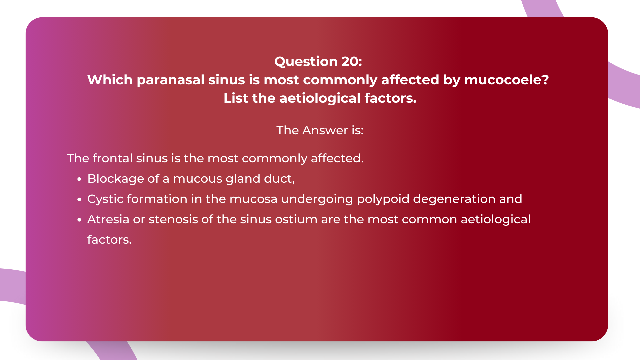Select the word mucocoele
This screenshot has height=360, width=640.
pyautogui.click(x=506, y=80)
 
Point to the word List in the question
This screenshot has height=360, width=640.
pyautogui.click(x=235, y=98)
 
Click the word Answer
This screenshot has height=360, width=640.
pyautogui.click(x=325, y=130)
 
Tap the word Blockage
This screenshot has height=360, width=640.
pyautogui.click(x=115, y=179)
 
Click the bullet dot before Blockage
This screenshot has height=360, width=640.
pyautogui.click(x=79, y=179)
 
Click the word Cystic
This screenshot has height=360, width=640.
pyautogui.click(x=105, y=199)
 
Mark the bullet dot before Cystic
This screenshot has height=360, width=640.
pyautogui.click(x=79, y=200)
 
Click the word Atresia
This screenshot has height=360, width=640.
pyautogui.click(x=108, y=219)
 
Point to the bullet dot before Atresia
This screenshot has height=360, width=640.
pyautogui.click(x=79, y=220)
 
